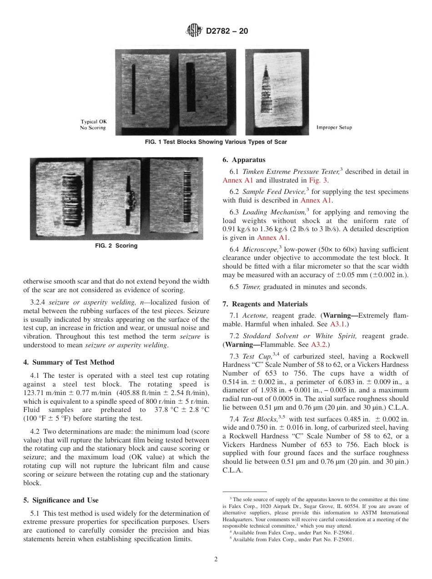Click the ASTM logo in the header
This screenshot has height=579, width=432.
(194, 31)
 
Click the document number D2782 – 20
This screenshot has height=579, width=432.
(227, 31)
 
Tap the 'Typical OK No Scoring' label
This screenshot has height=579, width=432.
(93, 125)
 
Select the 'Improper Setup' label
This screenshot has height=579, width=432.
(334, 127)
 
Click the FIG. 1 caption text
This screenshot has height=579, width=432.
(216, 142)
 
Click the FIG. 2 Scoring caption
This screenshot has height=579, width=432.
(116, 246)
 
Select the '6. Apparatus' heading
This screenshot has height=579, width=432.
(244, 160)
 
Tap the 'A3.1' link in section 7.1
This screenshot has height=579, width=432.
(337, 324)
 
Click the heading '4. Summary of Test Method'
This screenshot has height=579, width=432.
(69, 362)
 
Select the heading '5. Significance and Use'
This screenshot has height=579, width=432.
(60, 500)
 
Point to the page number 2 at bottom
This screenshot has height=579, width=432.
(216, 559)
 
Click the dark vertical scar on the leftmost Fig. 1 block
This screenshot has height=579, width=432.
(134, 91)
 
